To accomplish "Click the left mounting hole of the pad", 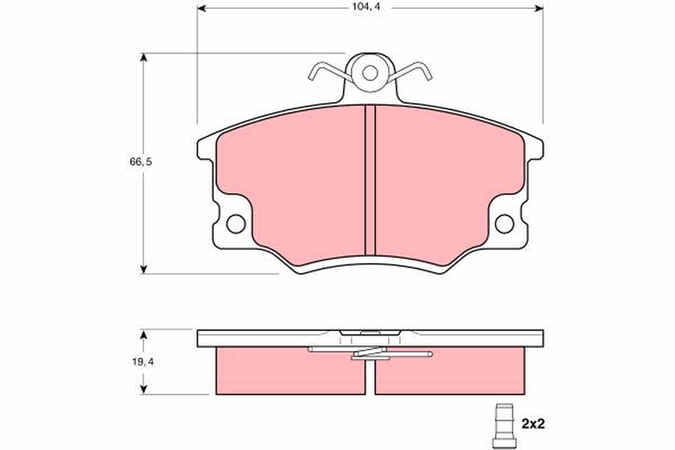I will (236, 223).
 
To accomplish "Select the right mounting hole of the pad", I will (504, 223).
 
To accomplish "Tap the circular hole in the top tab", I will (370, 73).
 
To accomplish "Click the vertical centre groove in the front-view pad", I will (370, 180).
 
